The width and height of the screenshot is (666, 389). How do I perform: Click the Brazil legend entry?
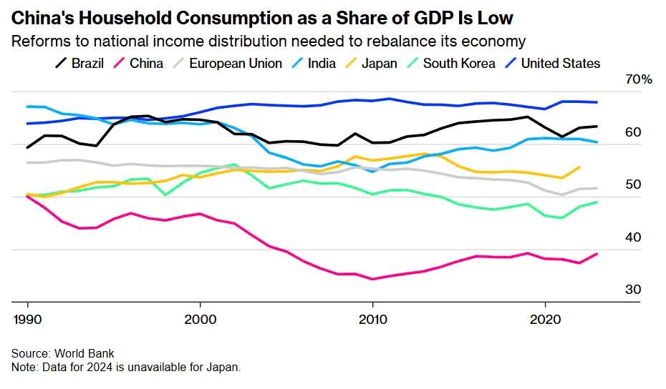(80, 64)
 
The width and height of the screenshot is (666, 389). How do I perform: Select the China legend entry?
(138, 64)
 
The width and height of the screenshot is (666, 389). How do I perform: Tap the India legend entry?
(313, 64)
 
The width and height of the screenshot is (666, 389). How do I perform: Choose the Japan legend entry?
(370, 64)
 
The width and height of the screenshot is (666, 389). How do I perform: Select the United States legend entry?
(551, 64)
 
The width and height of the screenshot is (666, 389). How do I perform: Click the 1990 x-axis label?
(27, 318)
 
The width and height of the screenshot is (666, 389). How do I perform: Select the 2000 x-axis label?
(200, 318)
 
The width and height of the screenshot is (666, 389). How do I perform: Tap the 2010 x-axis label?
(372, 318)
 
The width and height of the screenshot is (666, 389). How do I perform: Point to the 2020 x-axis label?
(545, 318)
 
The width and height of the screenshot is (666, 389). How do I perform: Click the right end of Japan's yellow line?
(579, 167)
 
